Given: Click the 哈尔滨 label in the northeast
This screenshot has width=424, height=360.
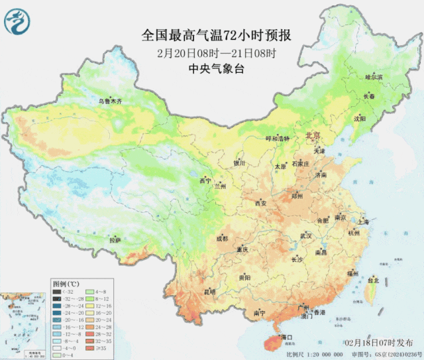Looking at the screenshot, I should (375, 78).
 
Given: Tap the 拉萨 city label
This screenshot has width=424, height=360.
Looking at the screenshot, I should (115, 240).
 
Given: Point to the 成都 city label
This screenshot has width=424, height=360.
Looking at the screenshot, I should (221, 239).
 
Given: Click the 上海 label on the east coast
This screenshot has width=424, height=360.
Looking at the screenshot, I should (362, 223).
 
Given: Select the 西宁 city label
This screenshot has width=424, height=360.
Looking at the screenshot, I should (205, 180).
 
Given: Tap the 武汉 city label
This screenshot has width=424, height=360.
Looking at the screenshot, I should (305, 235).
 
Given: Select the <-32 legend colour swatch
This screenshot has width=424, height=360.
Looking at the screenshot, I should (58, 291).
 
